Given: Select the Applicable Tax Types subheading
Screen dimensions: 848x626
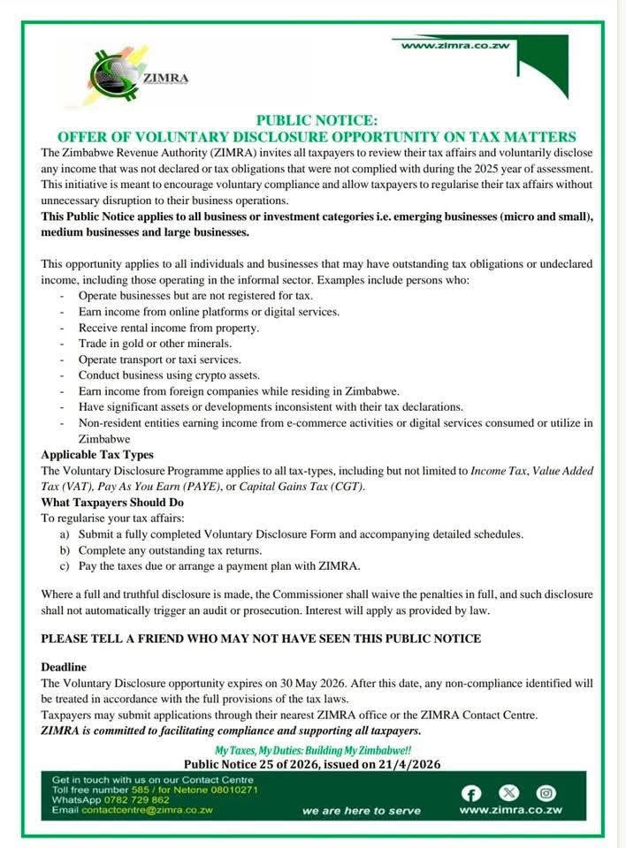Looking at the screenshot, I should [95, 455].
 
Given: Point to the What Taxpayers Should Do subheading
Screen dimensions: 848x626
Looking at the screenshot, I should [111, 503].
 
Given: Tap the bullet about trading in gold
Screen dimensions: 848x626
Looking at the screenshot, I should [155, 343].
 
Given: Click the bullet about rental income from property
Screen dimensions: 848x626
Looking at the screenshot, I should [168, 327].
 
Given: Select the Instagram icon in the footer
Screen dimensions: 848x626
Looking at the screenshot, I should [546, 792].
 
